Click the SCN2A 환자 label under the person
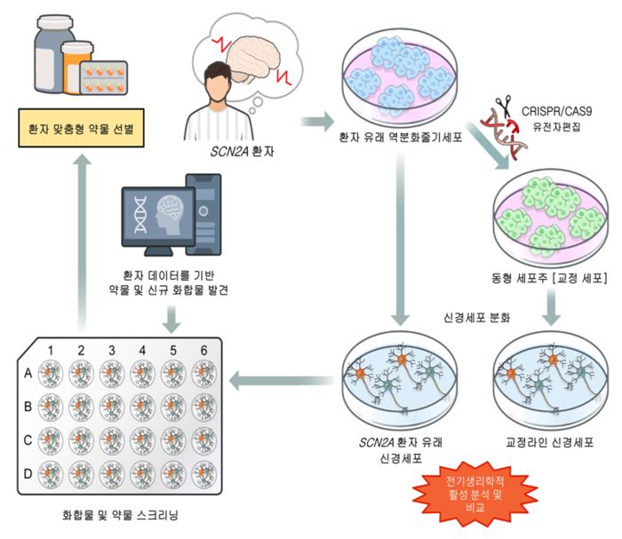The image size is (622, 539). point(238,152)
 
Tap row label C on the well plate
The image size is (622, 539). point(28,439)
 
